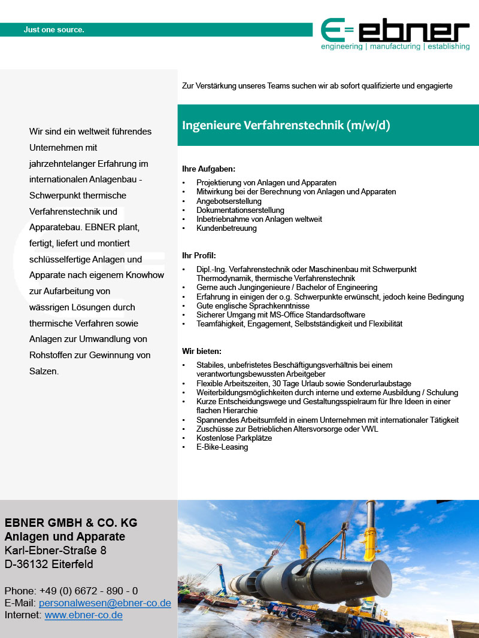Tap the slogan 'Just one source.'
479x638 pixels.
point(54,29)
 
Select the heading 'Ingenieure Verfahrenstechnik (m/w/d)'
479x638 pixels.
point(286,125)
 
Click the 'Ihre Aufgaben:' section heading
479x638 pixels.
point(209,169)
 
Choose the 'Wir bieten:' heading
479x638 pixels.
point(202,351)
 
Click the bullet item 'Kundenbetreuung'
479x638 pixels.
point(226,228)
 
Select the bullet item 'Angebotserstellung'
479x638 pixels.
point(229,201)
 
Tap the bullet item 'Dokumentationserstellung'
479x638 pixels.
point(240,210)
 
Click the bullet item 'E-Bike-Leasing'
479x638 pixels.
point(222,447)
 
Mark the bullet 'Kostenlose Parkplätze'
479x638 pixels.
point(234,438)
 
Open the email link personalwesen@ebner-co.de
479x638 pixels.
point(108,603)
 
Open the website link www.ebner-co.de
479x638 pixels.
point(84,615)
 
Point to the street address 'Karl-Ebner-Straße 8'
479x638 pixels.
point(56,550)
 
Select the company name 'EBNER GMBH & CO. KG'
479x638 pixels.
point(71,523)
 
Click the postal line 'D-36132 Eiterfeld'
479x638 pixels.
point(49,564)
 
